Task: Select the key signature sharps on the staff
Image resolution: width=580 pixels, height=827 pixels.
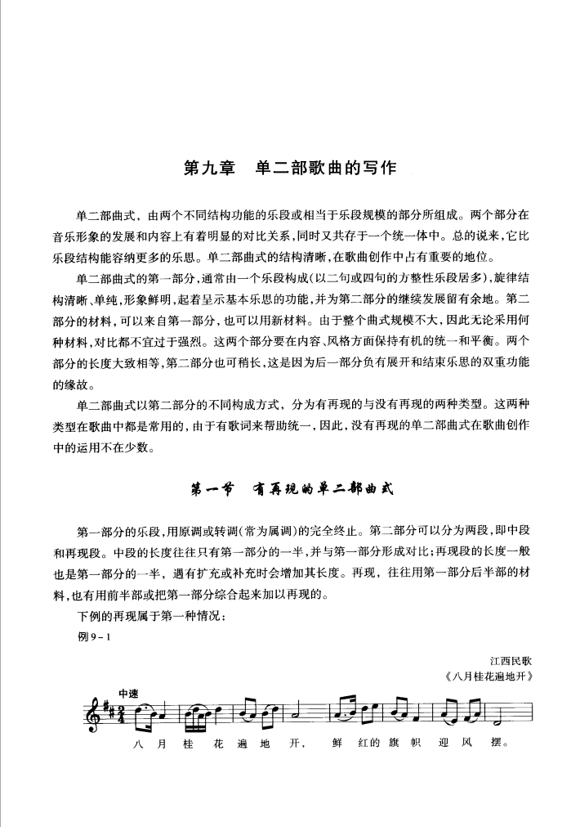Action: click(x=105, y=708)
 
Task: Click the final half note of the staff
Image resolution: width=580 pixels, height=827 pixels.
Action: click(x=494, y=721)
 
